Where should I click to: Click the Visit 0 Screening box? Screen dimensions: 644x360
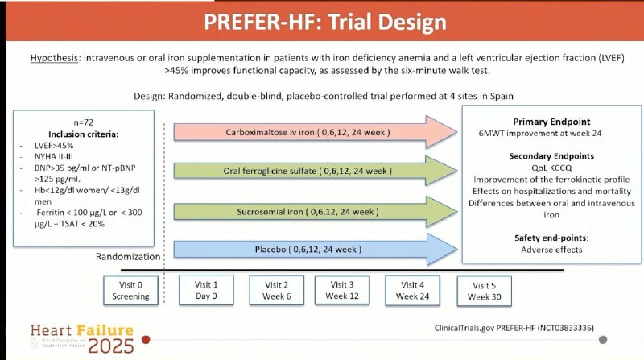pyautogui.click(x=130, y=291)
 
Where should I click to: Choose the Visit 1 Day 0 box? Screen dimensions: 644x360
pyautogui.click(x=206, y=290)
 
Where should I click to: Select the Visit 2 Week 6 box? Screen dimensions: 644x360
pyautogui.click(x=276, y=291)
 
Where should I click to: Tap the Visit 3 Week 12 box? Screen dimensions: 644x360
pyautogui.click(x=342, y=290)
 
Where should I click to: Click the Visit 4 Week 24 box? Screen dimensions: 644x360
pyautogui.click(x=412, y=291)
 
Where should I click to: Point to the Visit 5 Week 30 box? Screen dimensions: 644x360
pyautogui.click(x=485, y=291)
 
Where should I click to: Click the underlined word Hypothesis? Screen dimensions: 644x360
pyautogui.click(x=54, y=58)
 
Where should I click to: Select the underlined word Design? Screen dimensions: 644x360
pyautogui.click(x=148, y=96)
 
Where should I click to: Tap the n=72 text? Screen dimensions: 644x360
pyautogui.click(x=84, y=122)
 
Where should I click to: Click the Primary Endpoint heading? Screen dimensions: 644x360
pyautogui.click(x=551, y=122)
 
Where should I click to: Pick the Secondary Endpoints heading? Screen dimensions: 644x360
pyautogui.click(x=551, y=156)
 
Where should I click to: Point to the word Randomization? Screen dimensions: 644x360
pyautogui.click(x=128, y=256)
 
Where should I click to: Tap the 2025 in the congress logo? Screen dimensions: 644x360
pyautogui.click(x=111, y=346)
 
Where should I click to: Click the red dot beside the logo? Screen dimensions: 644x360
pyautogui.click(x=146, y=340)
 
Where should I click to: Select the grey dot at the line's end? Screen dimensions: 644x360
pyautogui.click(x=603, y=340)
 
